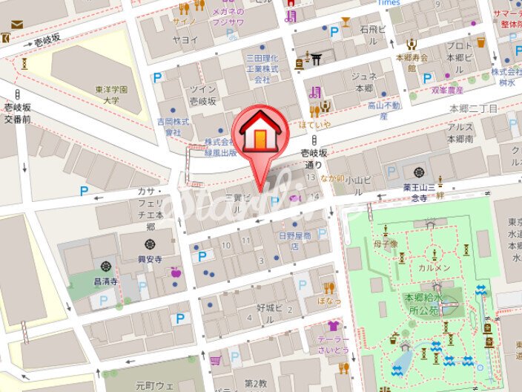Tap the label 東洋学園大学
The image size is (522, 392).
112,95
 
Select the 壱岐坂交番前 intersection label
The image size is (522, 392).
16,113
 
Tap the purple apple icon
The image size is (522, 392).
176,272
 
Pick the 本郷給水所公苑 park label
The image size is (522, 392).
425,303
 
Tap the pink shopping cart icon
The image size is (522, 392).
216,360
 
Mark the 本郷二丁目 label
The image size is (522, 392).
474,108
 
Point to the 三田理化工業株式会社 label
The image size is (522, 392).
262,68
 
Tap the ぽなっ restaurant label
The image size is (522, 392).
329,301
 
